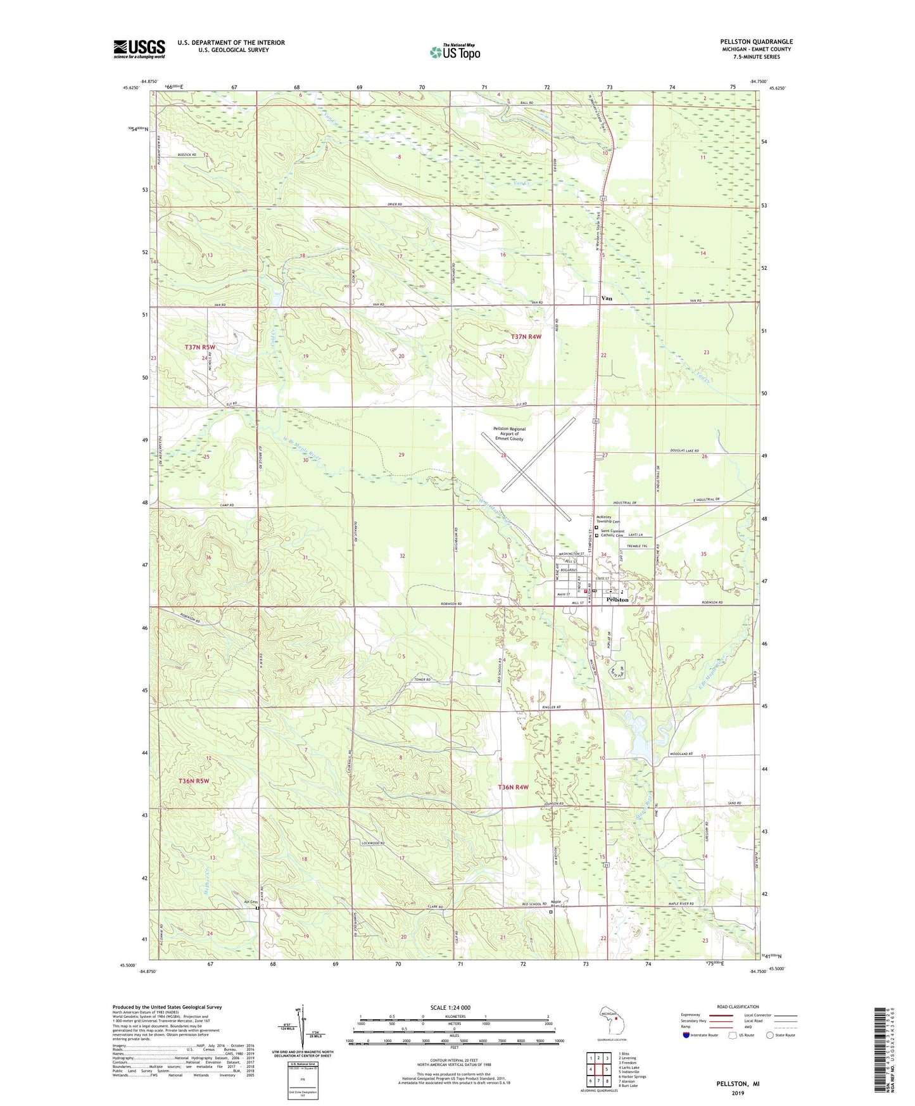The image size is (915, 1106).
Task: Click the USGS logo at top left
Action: tap(139, 49)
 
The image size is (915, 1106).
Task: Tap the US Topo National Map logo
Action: tap(454, 51)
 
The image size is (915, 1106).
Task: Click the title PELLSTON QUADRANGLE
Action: tap(752, 42)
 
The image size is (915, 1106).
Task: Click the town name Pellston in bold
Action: tap(617, 599)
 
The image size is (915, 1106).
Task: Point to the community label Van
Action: tap(607, 298)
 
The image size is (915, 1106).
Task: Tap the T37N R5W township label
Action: tap(200, 347)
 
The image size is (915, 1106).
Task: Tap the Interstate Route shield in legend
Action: tap(686, 1035)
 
